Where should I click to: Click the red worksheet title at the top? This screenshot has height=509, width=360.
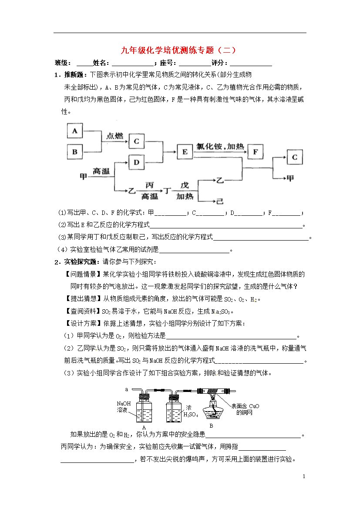178,50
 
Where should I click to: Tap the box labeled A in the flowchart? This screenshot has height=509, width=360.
75,131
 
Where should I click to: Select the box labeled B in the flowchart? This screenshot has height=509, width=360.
75,152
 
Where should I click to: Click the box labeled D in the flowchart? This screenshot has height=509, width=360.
136,162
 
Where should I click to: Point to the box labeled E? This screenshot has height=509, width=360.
185,151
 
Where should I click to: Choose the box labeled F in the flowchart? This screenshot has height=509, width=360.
256,151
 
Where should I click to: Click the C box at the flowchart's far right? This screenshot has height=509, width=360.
295,157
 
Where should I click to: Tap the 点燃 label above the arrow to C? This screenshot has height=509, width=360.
115,136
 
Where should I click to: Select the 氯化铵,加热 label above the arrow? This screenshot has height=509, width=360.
220,147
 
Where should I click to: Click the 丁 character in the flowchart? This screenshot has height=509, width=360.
167,191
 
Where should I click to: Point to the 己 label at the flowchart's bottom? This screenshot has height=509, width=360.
220,201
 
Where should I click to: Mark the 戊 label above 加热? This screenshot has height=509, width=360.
185,185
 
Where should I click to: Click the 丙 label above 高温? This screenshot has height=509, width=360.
149,185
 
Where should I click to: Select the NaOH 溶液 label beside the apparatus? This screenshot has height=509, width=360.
124,407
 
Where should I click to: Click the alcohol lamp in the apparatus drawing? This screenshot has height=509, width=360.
213,410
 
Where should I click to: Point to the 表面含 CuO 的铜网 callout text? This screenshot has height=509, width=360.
245,409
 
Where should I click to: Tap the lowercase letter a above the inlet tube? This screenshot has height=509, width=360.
127,389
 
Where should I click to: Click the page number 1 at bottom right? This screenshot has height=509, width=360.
304,476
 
